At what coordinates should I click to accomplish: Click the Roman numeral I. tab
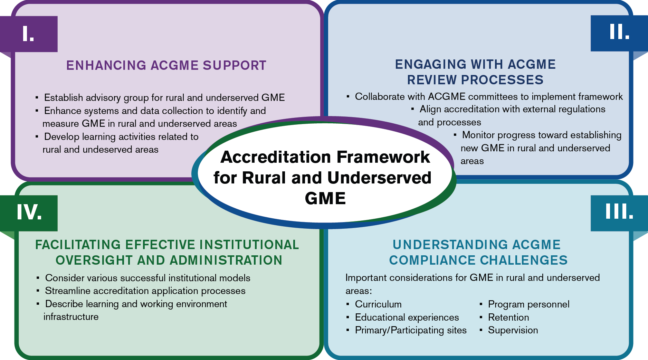tap(29, 34)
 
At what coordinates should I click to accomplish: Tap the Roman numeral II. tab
tap(619, 32)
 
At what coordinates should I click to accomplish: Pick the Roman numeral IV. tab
tap(29, 212)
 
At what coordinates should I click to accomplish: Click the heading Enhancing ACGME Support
tap(166, 65)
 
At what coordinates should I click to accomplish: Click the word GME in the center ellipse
tap(325, 198)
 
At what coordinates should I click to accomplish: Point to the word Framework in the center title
tap(383, 157)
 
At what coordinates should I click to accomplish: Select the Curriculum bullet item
tap(378, 304)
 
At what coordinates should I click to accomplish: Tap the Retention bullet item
tap(508, 317)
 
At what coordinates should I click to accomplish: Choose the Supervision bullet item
tap(513, 330)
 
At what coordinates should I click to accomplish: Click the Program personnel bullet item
tap(528, 304)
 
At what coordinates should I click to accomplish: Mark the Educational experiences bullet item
tap(407, 317)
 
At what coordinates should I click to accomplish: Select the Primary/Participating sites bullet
tap(410, 330)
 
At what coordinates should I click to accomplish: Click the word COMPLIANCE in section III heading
tap(432, 260)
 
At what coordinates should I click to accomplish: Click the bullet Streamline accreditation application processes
tap(145, 291)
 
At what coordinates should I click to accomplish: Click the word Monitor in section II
tap(480, 135)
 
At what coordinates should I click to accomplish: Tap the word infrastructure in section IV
tap(71, 317)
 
